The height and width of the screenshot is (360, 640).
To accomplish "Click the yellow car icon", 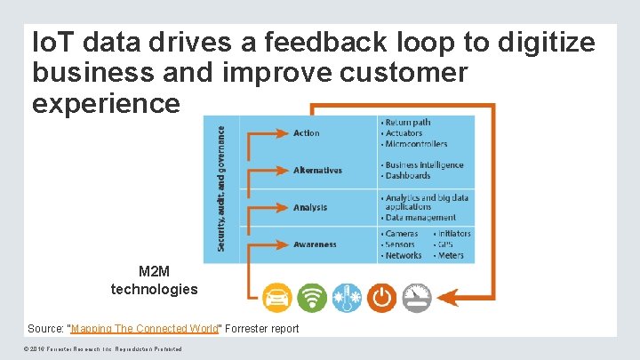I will coord(277,297).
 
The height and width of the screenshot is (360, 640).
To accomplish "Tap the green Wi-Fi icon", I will coord(312,297).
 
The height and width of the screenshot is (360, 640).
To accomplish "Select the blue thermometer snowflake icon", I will coord(347,297).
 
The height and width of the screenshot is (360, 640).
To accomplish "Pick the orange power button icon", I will coord(381,297).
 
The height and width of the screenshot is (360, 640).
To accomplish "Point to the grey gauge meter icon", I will coord(416,297).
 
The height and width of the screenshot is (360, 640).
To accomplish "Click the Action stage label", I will coord(306,133).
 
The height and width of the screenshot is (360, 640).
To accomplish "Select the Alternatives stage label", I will coord(317,171).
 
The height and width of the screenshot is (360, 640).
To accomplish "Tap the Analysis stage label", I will coord(310,208).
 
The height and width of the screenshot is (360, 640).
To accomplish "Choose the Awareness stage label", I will coord(315,244).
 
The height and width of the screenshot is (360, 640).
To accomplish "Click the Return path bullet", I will coord(408,122).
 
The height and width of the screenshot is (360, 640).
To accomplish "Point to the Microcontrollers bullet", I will coord(415,144).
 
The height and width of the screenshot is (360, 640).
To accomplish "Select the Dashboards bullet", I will coord(408,176).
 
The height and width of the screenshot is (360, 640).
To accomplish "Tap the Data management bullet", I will coord(420,218).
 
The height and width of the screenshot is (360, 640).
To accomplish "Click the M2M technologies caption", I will coord(155,280).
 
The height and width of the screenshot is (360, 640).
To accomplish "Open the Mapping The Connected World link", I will coord(144,329).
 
